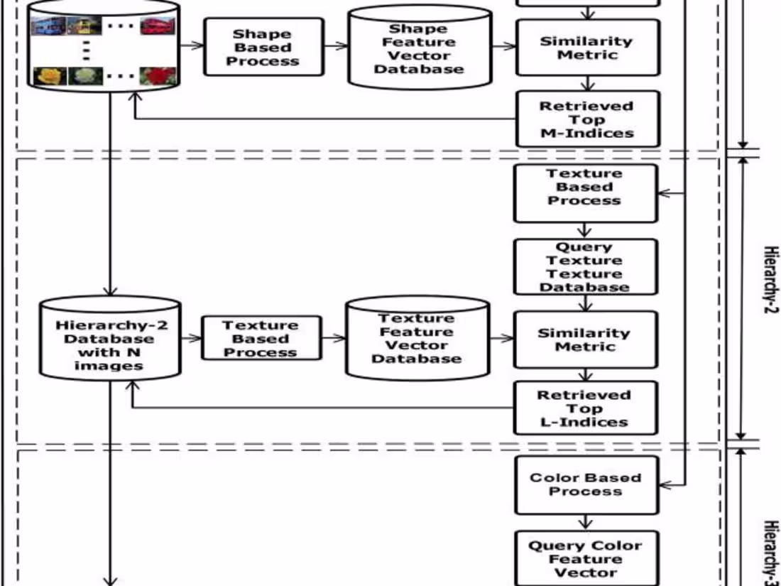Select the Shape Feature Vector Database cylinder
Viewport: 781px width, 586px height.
[420, 48]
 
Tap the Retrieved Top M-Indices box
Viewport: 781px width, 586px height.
[586, 119]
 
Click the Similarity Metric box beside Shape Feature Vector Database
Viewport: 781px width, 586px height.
[586, 48]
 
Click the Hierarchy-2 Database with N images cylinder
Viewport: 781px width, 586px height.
[109, 339]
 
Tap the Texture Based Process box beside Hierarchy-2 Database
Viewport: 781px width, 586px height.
[261, 339]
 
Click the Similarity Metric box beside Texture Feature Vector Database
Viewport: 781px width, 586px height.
[585, 340]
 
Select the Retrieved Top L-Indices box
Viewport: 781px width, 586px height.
[585, 408]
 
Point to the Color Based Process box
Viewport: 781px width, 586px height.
[586, 484]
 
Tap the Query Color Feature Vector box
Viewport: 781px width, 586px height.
[586, 559]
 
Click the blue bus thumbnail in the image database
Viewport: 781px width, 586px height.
[48, 26]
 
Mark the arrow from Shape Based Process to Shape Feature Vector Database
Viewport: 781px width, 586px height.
[335, 46]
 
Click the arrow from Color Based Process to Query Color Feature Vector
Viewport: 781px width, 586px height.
[585, 522]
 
